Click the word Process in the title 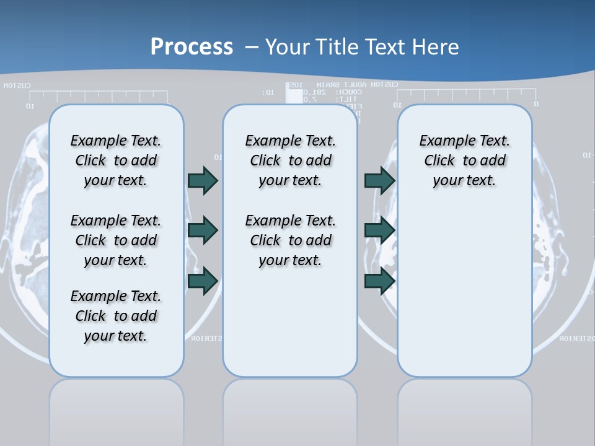(192, 46)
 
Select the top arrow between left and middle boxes (203, 180)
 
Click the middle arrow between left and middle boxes (203, 230)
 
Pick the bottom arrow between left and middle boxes (203, 281)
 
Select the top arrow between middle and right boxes (379, 180)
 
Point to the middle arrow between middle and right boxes (379, 230)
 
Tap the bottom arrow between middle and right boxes (379, 281)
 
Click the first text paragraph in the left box (116, 160)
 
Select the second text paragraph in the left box (116, 240)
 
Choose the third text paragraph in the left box (116, 316)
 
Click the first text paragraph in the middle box (290, 160)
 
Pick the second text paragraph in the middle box (290, 240)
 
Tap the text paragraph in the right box (464, 160)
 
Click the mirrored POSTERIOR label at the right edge (576, 339)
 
